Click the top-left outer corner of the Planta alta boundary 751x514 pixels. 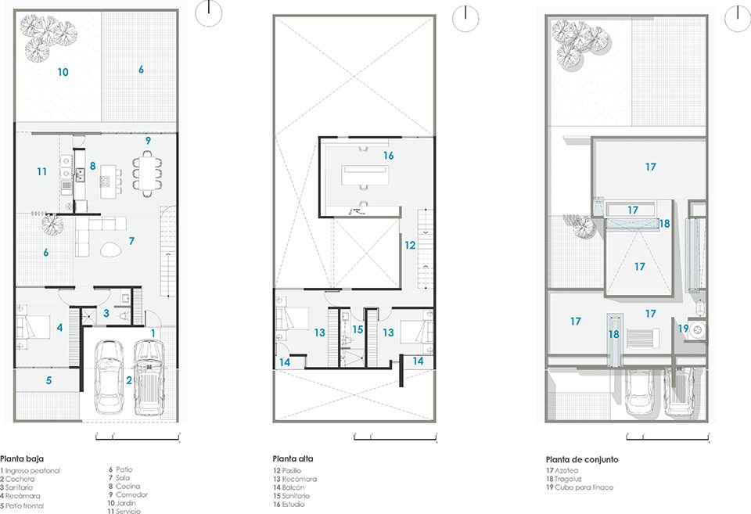click(274, 16)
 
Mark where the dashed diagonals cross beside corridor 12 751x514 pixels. click(366, 253)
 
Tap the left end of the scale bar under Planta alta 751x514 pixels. click(354, 437)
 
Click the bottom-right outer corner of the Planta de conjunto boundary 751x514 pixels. click(708, 422)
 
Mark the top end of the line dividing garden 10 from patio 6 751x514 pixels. click(101, 11)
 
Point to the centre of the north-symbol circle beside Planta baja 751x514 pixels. click(209, 13)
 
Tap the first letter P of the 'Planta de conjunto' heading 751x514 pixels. click(548, 459)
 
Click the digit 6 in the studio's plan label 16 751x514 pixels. click(391, 156)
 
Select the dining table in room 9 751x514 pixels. click(148, 174)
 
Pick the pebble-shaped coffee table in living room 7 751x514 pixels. click(112, 249)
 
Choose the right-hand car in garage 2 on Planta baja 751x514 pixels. click(149, 377)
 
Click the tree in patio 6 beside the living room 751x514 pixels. click(52, 225)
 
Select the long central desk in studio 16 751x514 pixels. click(365, 174)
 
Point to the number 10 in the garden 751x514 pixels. click(63, 72)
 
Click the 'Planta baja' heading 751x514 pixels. click(22, 458)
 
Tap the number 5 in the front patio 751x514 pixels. click(49, 380)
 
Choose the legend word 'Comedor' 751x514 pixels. click(131, 494)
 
